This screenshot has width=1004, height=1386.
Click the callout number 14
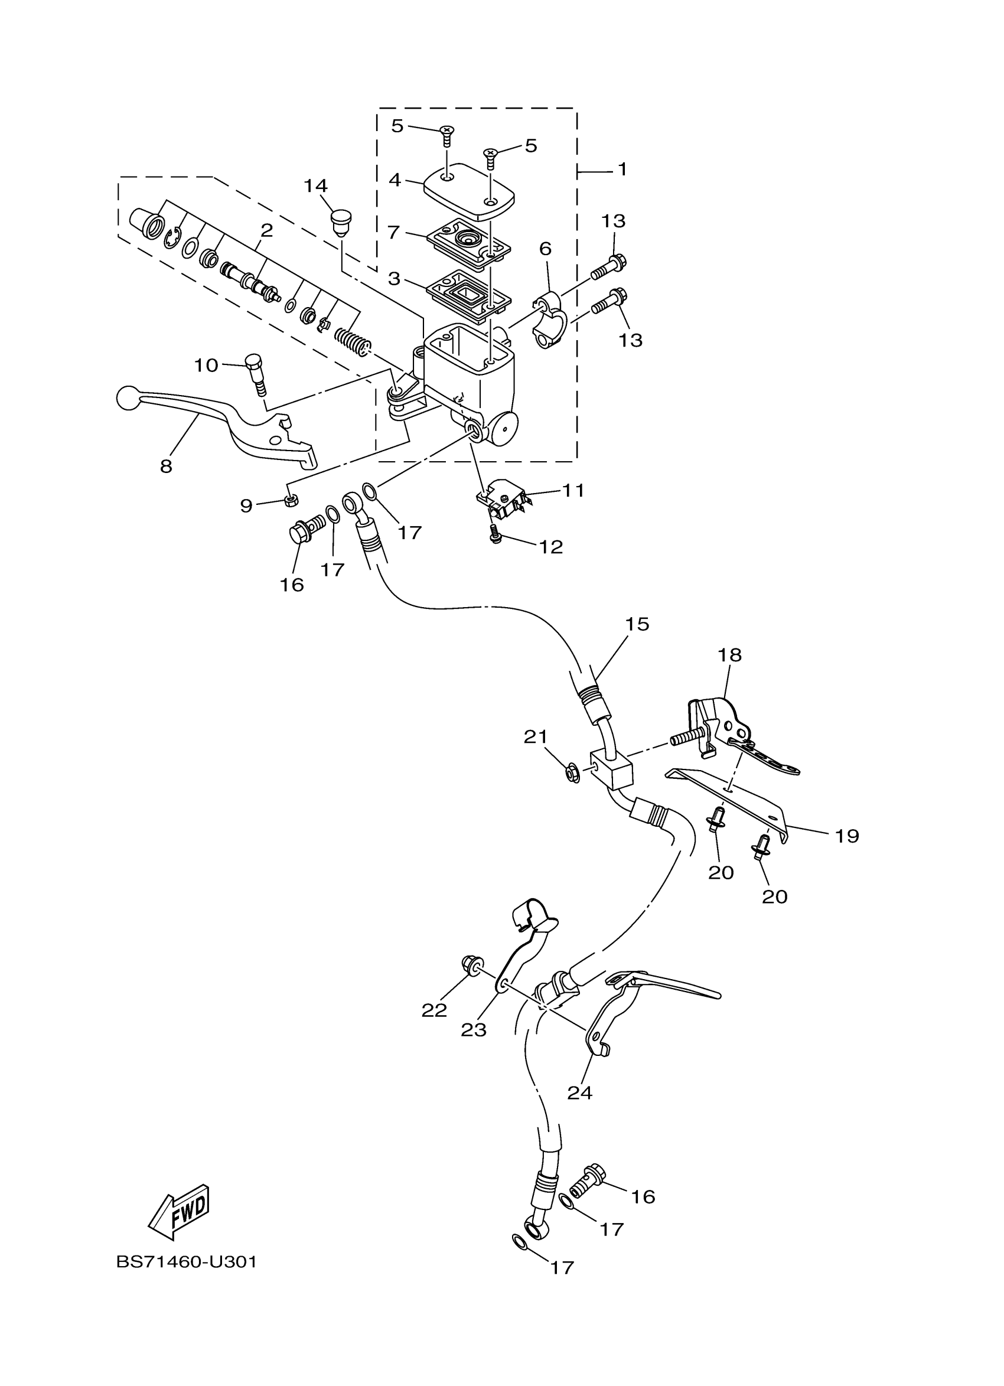(316, 186)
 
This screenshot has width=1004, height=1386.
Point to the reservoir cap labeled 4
(470, 192)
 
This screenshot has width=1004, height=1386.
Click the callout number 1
(622, 169)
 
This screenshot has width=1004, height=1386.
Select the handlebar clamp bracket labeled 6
(550, 321)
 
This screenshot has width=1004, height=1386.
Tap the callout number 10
(206, 366)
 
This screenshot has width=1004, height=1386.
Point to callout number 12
(550, 547)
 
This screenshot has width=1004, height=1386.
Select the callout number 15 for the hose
(636, 624)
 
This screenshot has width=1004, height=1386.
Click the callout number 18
(729, 655)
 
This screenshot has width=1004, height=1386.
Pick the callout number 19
(847, 836)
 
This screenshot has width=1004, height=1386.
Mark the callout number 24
(579, 1092)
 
